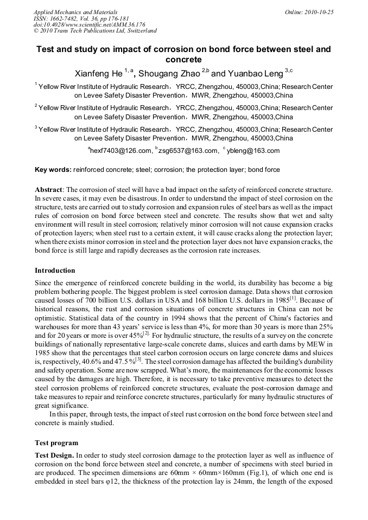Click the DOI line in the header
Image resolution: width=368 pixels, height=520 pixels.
(89, 25)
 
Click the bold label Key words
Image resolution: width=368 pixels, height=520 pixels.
(53, 170)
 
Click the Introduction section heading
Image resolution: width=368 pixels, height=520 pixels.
(55, 270)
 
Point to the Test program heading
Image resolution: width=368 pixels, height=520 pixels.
(56, 442)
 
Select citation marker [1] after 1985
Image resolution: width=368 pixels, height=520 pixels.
(293, 298)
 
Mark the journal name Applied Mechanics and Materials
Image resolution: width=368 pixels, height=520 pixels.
(75, 12)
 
